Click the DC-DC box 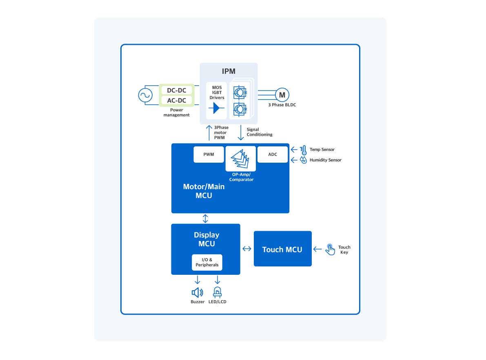tap(176, 90)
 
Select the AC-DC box tap(176, 100)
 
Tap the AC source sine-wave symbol tap(145, 95)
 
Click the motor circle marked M tap(282, 95)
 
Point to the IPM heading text tap(229, 71)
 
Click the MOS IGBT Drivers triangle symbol tap(216, 108)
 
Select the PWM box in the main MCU tap(209, 155)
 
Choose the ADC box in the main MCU tap(273, 155)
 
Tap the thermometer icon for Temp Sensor tap(304, 150)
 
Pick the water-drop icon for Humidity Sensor tap(304, 160)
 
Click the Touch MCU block tap(282, 249)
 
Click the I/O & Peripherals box tap(207, 262)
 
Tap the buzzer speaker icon tap(197, 292)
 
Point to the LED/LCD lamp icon tap(217, 292)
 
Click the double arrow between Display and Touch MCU tap(247, 249)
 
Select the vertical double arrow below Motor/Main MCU tap(205, 219)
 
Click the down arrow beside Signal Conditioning tap(241, 132)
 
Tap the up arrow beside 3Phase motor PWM tap(209, 132)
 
